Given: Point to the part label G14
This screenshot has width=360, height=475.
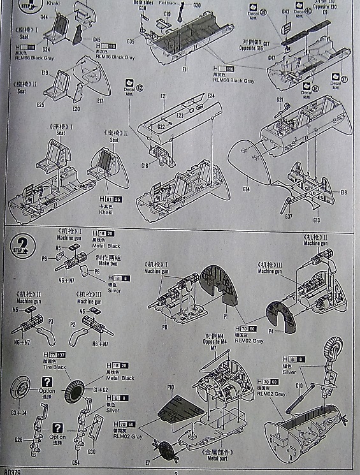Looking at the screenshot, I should [246, 189].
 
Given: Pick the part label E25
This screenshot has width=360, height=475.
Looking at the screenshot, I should [40, 104].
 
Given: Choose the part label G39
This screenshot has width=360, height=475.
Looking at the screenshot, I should [131, 41].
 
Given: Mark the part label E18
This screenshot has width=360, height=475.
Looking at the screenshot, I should [343, 192].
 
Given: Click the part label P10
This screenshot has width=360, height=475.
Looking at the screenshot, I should [170, 388].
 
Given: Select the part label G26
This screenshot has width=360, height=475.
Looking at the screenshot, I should [18, 439].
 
